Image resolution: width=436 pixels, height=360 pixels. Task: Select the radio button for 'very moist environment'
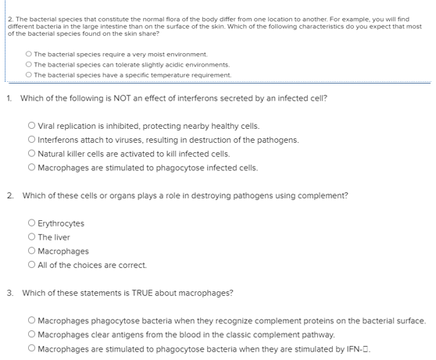coord(28,55)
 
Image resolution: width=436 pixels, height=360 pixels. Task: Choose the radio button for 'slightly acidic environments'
coord(28,65)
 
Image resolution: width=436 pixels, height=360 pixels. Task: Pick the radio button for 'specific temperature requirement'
coord(28,75)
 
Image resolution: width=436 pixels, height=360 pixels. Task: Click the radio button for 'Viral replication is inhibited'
coord(30,126)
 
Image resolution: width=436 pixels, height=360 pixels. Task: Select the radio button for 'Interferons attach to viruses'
coord(30,140)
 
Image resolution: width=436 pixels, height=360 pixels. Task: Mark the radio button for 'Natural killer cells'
coord(30,154)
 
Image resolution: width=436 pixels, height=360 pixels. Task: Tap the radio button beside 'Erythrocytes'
coord(30,223)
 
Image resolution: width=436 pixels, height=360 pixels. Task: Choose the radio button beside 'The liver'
coord(30,237)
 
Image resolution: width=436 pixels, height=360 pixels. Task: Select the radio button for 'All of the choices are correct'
coord(30,266)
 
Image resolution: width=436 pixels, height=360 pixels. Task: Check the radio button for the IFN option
coord(30,348)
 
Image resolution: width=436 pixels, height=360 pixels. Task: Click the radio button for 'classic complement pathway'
coord(30,334)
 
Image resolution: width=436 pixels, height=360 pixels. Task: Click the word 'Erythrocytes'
coord(61,223)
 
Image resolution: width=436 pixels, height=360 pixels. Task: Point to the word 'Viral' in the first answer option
coord(47,126)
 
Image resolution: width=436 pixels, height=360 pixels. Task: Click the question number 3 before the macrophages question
coord(9,293)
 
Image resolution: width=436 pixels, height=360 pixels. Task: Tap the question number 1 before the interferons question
coord(9,98)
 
